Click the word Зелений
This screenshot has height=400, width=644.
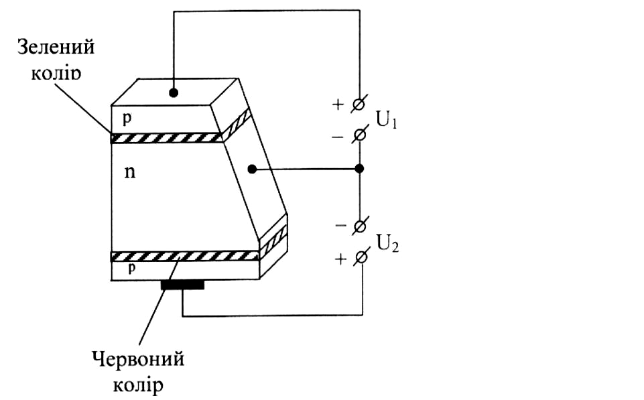click(55, 48)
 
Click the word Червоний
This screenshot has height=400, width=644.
click(138, 360)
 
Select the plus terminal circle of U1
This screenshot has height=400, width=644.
click(360, 104)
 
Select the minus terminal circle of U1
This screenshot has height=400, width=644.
click(360, 134)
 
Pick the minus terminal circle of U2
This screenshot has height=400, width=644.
click(361, 225)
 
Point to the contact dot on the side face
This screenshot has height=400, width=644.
click(251, 170)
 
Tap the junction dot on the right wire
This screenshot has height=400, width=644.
click(360, 169)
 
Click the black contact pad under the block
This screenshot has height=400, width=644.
click(182, 285)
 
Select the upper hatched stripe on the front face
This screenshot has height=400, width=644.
click(166, 138)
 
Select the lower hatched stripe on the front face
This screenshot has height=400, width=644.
click(184, 256)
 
